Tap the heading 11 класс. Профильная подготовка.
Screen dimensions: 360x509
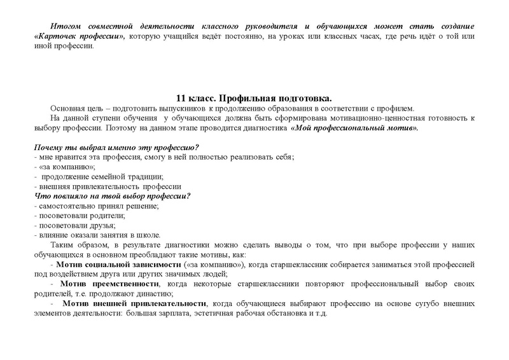pos(254,99)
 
